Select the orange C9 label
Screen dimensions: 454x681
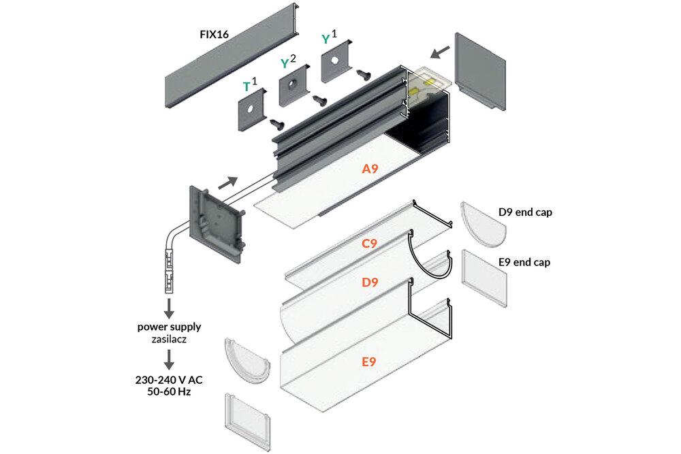[x=369, y=242]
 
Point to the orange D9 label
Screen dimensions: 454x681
[x=370, y=282]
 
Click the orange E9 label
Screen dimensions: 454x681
[x=368, y=362]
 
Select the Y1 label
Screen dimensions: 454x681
[x=330, y=39]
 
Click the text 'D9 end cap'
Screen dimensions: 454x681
[x=525, y=212]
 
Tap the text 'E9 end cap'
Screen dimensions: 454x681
[x=524, y=261]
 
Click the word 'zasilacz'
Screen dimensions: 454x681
[x=169, y=338]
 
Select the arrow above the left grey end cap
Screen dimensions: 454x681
[x=229, y=182]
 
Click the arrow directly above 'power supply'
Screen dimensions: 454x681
[x=169, y=305]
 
